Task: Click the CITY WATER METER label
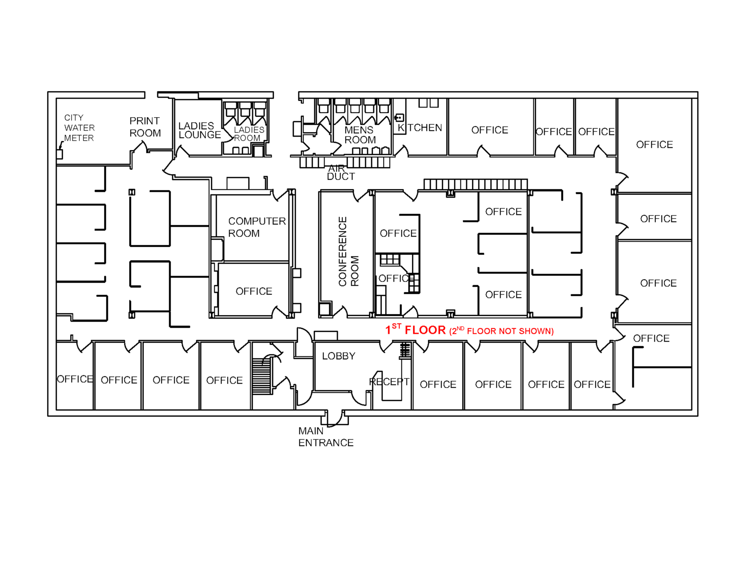coord(79,128)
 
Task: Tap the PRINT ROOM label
coord(145,127)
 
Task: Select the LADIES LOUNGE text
coord(200,130)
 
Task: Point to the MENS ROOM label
coord(360,135)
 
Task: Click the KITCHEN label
coord(420,128)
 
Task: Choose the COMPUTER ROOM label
coord(257,227)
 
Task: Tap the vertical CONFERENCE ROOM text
coord(349,252)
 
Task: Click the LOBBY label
coord(338,356)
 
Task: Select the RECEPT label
coord(389,382)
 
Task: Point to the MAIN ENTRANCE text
coord(326,437)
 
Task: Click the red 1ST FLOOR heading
coord(416,330)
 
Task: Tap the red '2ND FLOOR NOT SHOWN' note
coord(502,331)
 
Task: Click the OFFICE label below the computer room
coord(254,291)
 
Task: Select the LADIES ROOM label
coord(249,134)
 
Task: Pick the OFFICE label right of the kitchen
coord(490,130)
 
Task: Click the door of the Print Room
coord(139,148)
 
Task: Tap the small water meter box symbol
coord(59,154)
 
